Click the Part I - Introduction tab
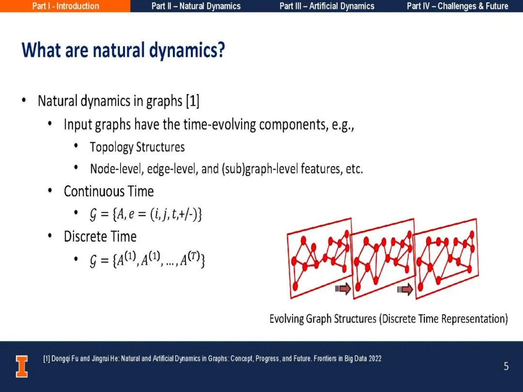pyautogui.click(x=65, y=6)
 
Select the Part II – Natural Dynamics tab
pyautogui.click(x=196, y=6)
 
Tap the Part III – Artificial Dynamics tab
pyautogui.click(x=327, y=6)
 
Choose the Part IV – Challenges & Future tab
pyautogui.click(x=457, y=6)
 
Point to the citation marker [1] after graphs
pyautogui.click(x=193, y=101)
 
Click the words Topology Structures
pyautogui.click(x=137, y=147)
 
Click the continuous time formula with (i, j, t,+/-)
pyautogui.click(x=146, y=214)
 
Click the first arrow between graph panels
pyautogui.click(x=343, y=289)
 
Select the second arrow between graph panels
pyautogui.click(x=405, y=289)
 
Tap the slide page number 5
pyautogui.click(x=506, y=366)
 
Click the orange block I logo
pyautogui.click(x=22, y=366)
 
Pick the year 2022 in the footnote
pyautogui.click(x=375, y=359)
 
